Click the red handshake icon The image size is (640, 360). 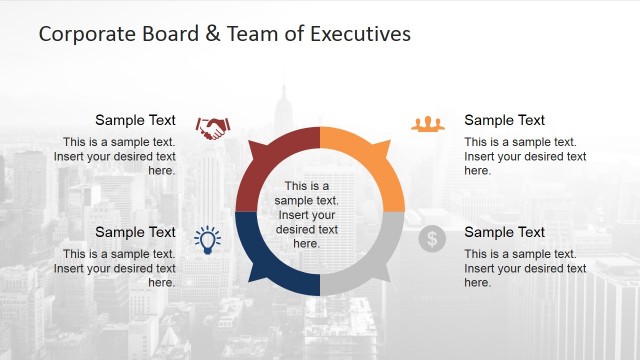[212, 128]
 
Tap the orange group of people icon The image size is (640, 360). [427, 124]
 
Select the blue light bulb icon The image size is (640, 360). [207, 238]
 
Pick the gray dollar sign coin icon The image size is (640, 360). [432, 239]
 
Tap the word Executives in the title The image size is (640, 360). [361, 34]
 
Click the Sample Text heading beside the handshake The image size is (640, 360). [135, 121]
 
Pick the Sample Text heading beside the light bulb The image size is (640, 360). [135, 233]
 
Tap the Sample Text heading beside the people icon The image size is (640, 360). [505, 121]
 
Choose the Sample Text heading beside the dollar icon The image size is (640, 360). [505, 233]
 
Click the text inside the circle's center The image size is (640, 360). [307, 215]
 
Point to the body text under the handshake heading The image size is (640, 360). [118, 156]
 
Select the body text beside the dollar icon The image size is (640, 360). [525, 268]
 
